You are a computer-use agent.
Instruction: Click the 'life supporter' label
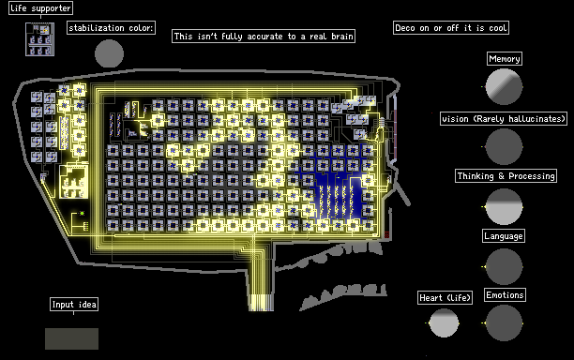40,8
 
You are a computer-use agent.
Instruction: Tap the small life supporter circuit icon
40,39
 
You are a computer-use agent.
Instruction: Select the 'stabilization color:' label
111,28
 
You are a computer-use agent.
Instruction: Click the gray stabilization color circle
109,53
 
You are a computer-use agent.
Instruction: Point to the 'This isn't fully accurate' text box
264,37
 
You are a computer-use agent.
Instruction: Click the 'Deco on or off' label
451,28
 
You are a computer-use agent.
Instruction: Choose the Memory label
505,59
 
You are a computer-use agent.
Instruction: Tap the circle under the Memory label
504,86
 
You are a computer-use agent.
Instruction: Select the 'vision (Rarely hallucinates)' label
504,119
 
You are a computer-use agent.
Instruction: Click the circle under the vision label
504,146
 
